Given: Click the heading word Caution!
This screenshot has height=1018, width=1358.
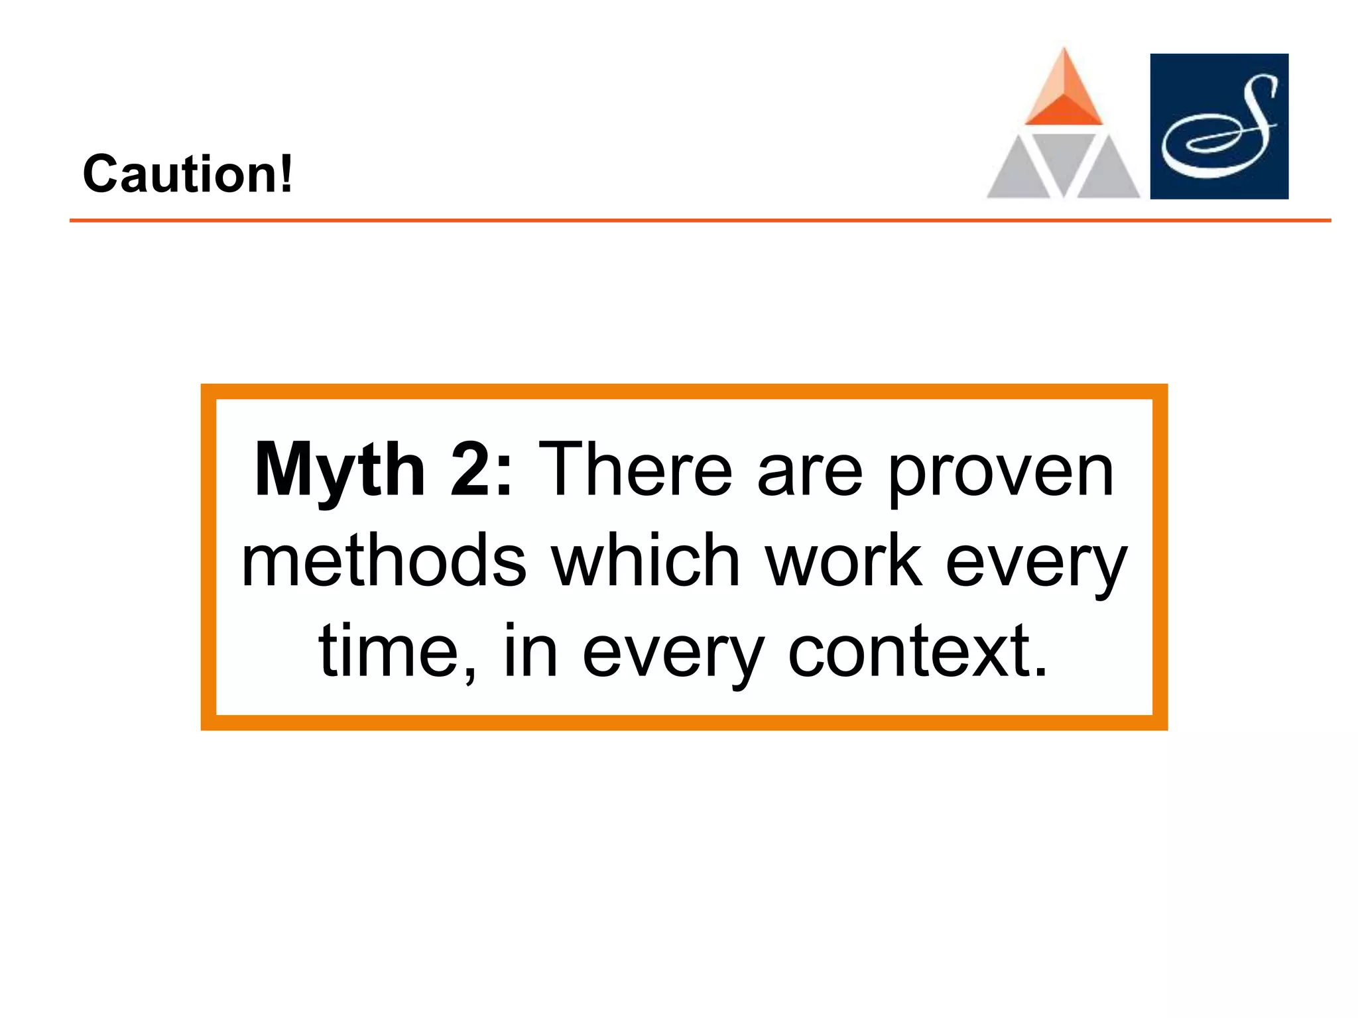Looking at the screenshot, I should (187, 174).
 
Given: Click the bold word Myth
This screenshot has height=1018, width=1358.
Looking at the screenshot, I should (339, 470).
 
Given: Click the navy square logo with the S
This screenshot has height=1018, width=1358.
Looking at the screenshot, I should (1219, 126).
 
